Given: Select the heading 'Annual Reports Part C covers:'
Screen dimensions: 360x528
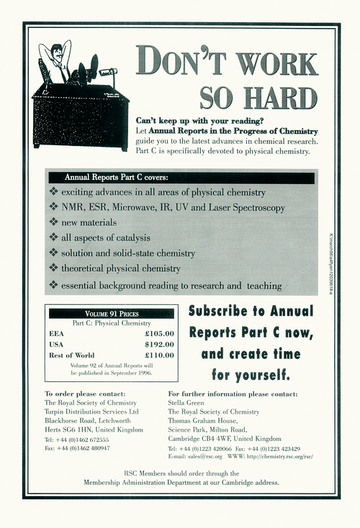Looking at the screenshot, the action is [116, 177].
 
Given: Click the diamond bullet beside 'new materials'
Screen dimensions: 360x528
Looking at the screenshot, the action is [53, 223].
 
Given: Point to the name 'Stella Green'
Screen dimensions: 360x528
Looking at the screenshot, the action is [187, 404].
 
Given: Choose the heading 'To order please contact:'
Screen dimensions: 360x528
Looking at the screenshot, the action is [85, 394].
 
